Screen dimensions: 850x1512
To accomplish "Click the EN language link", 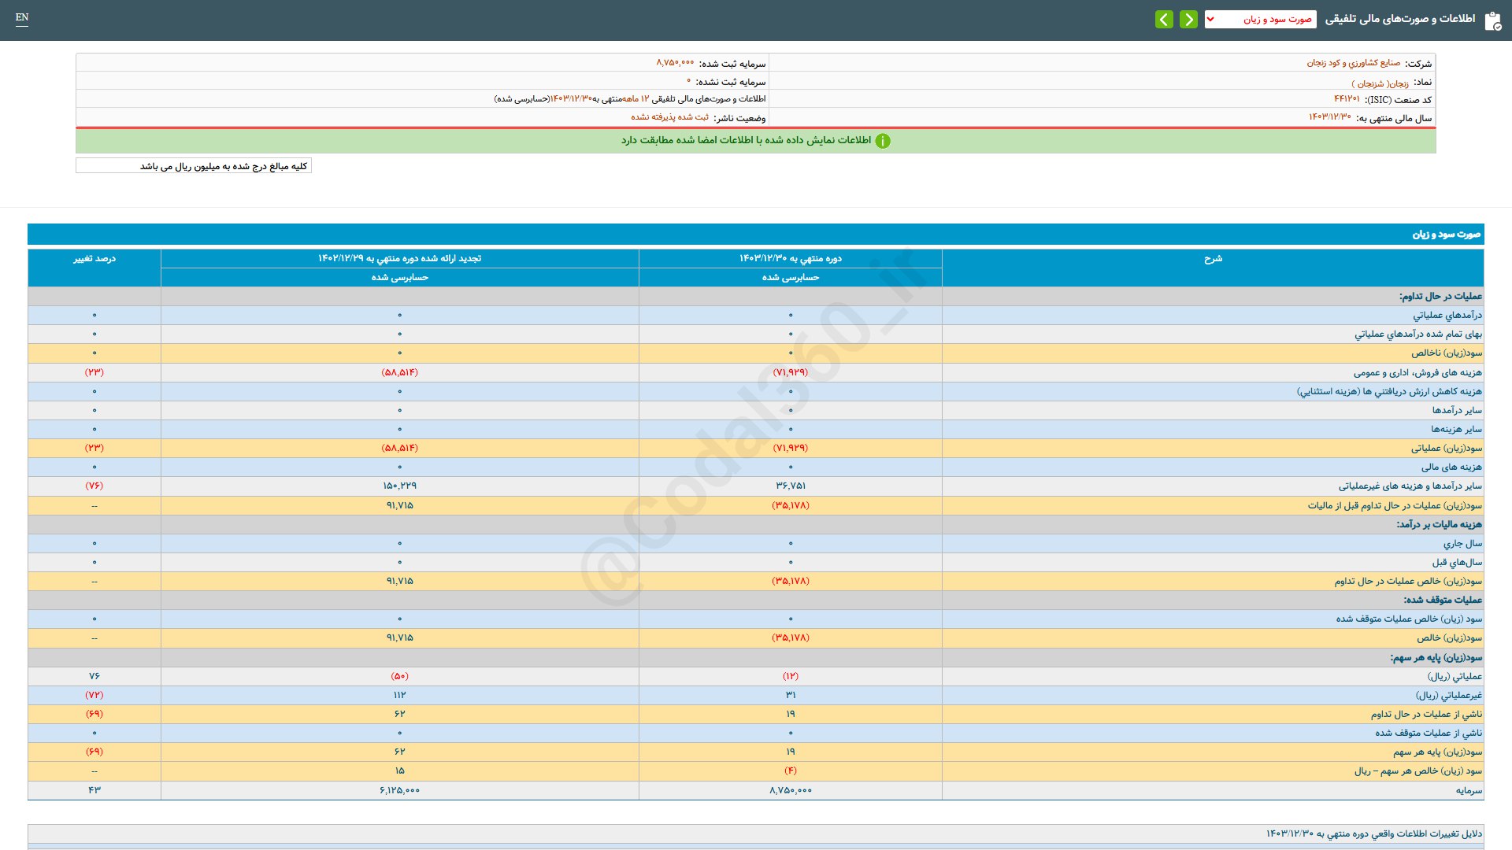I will point(22,17).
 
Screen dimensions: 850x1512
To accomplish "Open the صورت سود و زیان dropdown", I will point(1260,19).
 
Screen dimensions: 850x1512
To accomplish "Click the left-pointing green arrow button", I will point(1164,19).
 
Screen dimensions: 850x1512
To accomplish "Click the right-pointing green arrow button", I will point(1188,19).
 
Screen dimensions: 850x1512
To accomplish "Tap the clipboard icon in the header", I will point(1492,20).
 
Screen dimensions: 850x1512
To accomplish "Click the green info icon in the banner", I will point(883,141).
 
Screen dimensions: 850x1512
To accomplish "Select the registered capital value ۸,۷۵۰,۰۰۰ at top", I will point(675,63).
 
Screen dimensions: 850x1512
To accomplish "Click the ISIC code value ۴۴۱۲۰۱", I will point(1347,99).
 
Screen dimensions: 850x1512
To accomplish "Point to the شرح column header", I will point(1213,259).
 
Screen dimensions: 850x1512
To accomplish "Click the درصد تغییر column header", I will point(94,259).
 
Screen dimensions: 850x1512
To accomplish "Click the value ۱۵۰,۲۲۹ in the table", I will point(399,486).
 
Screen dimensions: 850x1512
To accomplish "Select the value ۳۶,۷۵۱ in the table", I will point(791,486).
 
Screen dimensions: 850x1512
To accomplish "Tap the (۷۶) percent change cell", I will point(94,486).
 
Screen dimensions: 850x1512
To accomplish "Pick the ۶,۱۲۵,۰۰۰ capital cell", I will point(399,790).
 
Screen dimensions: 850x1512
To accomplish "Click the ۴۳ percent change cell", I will point(94,790).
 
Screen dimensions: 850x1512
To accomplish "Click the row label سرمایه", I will point(1469,790).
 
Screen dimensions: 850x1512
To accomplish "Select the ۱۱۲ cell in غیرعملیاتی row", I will point(399,695).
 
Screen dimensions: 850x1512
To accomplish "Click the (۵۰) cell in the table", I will point(399,676).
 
